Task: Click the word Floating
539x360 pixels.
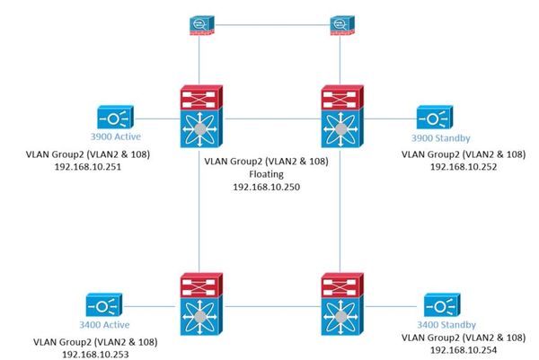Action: pyautogui.click(x=269, y=175)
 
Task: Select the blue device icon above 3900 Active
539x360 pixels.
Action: pyautogui.click(x=116, y=118)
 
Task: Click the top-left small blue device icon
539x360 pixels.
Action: pyautogui.click(x=199, y=24)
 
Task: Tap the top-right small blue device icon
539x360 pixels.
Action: pyautogui.click(x=340, y=24)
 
